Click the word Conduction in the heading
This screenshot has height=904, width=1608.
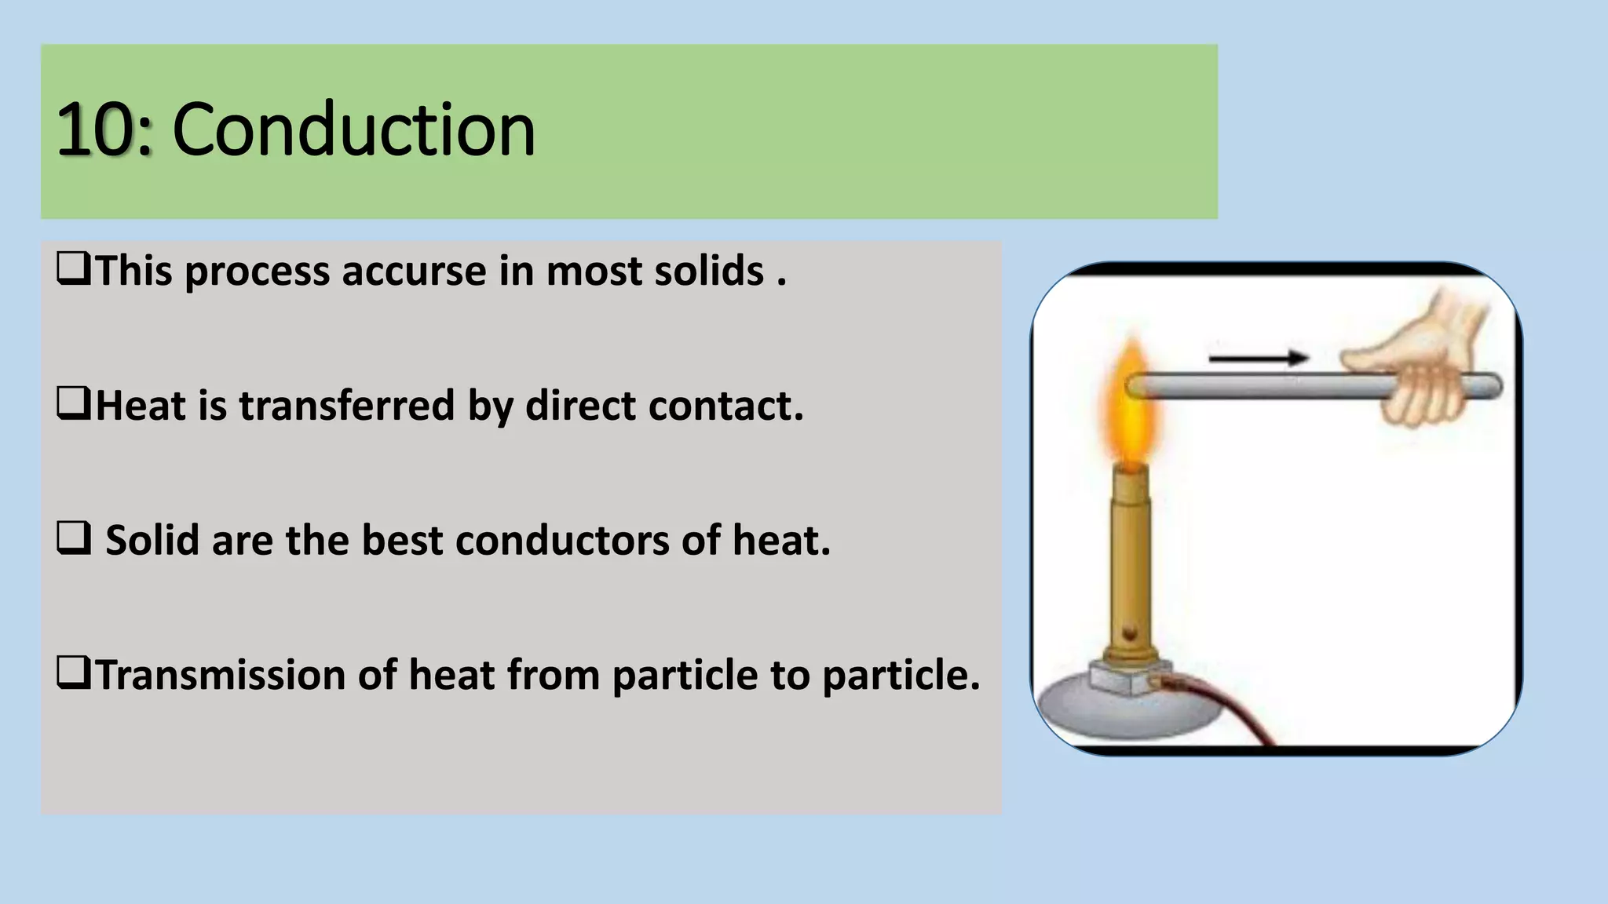tap(353, 129)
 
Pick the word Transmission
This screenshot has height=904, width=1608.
tap(221, 675)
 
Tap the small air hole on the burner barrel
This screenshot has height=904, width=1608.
tap(1131, 632)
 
